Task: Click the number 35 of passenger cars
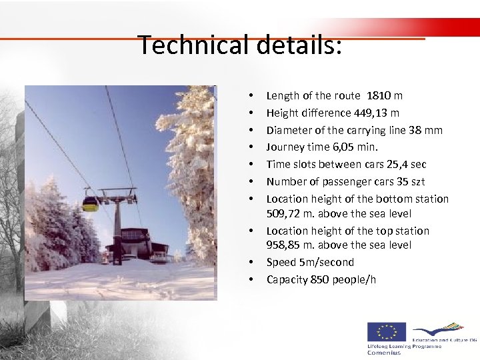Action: (403, 181)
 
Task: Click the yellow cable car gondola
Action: (90, 203)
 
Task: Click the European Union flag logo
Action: (386, 333)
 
